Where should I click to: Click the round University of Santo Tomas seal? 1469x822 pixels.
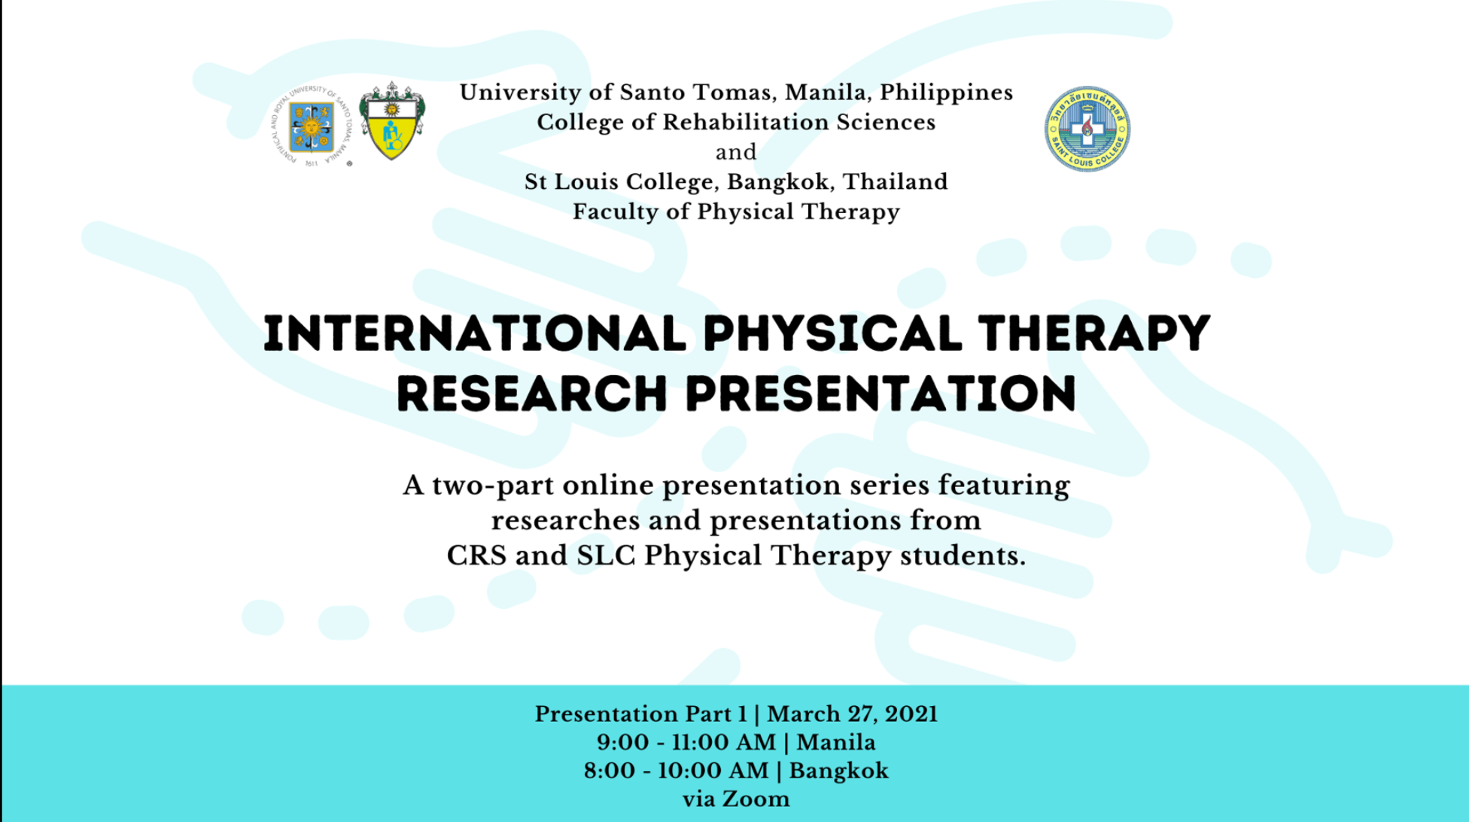pyautogui.click(x=312, y=126)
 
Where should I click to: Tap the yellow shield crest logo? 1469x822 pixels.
pyautogui.click(x=391, y=121)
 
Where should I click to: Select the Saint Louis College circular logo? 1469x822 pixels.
pyautogui.click(x=1087, y=129)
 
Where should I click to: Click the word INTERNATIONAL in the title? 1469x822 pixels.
pyautogui.click(x=475, y=334)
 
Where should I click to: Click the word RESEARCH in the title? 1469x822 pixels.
pyautogui.click(x=532, y=394)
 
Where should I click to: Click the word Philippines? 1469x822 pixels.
pyautogui.click(x=947, y=93)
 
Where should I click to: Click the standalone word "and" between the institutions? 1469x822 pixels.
pyautogui.click(x=736, y=152)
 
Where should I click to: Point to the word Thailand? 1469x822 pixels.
pyautogui.click(x=895, y=181)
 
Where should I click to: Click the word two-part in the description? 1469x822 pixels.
pyautogui.click(x=493, y=486)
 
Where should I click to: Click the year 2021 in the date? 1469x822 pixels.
pyautogui.click(x=911, y=714)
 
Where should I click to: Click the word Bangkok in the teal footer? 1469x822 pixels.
pyautogui.click(x=838, y=771)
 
